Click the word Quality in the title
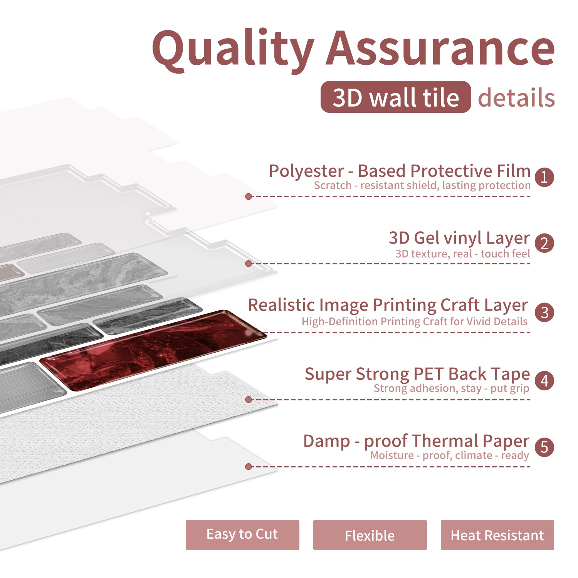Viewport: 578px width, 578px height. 233,50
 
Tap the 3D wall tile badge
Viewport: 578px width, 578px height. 396,97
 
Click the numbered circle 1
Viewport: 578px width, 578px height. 544,177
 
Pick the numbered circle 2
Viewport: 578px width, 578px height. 544,244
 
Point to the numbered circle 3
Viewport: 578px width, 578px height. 544,312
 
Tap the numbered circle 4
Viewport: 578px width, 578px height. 544,381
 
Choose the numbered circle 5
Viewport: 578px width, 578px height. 544,447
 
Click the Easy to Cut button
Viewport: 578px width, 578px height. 242,535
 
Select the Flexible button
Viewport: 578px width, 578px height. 370,535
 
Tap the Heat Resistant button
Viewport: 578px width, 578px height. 497,535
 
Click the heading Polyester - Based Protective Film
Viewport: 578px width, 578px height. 400,171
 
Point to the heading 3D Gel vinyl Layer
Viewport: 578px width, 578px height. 459,238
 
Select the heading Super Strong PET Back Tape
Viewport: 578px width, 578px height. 417,374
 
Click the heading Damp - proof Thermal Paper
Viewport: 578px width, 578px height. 416,441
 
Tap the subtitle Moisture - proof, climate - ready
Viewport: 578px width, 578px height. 450,455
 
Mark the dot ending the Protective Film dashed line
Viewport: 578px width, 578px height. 249,197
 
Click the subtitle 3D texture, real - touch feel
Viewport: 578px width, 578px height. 463,254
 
